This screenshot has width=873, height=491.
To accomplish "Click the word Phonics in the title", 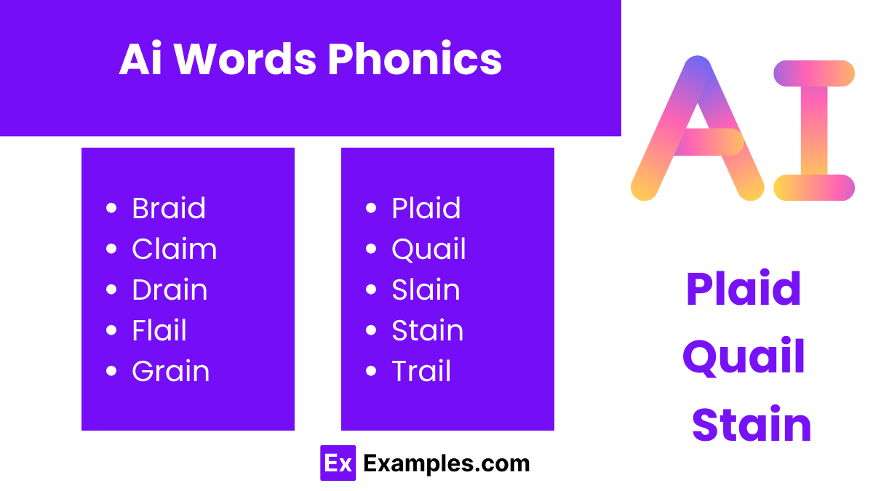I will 415,60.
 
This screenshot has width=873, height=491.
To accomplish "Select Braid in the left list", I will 169,209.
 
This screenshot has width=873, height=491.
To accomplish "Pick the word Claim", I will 174,250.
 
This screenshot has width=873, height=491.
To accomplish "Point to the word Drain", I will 170,290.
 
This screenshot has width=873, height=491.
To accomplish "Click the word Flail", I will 159,331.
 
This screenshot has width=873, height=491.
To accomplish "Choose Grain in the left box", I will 170,372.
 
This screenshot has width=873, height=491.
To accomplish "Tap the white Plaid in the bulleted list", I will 426,209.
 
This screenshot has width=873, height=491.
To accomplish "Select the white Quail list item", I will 428,250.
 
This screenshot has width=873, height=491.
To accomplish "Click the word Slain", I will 426,290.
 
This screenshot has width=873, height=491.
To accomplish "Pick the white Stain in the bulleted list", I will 427,331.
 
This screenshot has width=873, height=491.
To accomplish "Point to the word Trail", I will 421,372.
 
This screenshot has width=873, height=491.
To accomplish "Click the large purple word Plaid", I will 743,290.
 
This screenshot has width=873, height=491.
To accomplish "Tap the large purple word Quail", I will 744,357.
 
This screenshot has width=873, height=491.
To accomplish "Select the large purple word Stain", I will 751,426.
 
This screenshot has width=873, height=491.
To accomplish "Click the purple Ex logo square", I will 338,463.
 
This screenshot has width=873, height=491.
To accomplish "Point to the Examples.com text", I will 446,463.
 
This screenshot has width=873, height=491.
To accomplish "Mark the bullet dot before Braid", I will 111,209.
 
